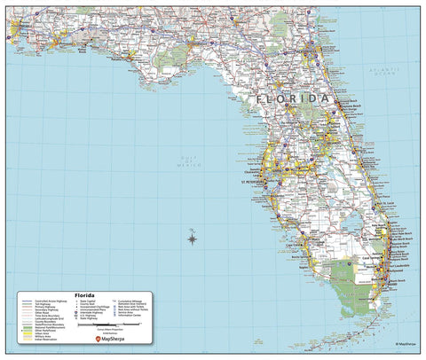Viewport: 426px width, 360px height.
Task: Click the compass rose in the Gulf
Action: pos(193,235)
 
